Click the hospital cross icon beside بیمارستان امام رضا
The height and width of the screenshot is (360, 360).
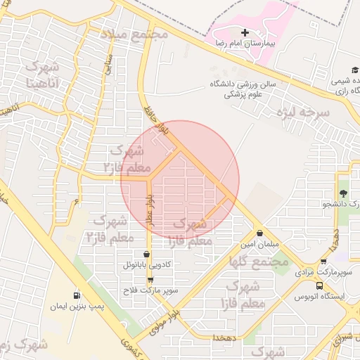click(x=245, y=33)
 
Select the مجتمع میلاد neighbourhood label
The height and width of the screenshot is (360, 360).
click(x=133, y=34)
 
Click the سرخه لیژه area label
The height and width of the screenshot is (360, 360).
click(x=302, y=112)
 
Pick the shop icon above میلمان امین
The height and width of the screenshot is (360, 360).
click(x=260, y=233)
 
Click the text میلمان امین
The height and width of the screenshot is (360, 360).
click(x=260, y=244)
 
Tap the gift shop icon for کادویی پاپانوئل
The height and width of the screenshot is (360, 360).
click(x=146, y=255)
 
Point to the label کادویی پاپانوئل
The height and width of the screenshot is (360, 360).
click(x=146, y=266)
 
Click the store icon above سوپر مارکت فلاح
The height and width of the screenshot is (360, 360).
click(x=149, y=280)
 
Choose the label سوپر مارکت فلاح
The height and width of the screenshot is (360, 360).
click(x=149, y=290)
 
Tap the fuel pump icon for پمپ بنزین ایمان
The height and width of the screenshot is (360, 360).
click(x=76, y=295)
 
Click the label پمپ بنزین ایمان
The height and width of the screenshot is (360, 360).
click(x=76, y=307)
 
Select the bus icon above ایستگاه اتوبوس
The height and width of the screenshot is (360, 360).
click(x=320, y=286)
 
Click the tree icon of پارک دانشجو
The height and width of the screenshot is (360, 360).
click(x=343, y=194)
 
